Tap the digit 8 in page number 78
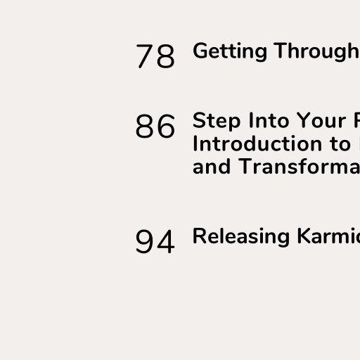[x=166, y=56]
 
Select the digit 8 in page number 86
[x=144, y=126]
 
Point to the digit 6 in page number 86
[x=166, y=126]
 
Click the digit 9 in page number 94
[x=144, y=241]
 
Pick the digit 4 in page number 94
[x=166, y=241]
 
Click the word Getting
[x=230, y=51]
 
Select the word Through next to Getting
[x=316, y=51]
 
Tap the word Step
[x=217, y=121]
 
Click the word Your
[x=321, y=120]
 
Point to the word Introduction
[x=257, y=143]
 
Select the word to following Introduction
[x=340, y=144]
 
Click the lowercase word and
[x=212, y=166]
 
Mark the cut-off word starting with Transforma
[x=299, y=166]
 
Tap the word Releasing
[x=241, y=237]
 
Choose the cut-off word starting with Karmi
[x=328, y=236]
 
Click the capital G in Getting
[x=200, y=51]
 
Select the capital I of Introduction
[x=195, y=143]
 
